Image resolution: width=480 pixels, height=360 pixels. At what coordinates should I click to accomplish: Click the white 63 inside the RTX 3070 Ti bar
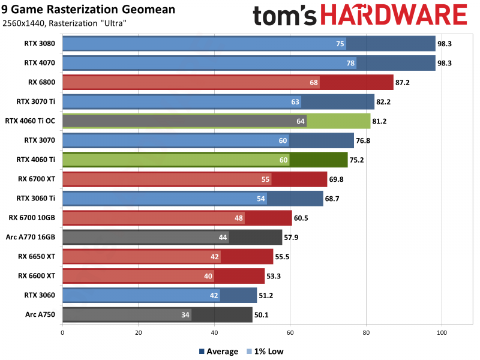295,102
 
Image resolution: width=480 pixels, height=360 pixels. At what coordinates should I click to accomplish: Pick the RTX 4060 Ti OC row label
29,121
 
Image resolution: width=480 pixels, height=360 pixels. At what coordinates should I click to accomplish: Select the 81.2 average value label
382,121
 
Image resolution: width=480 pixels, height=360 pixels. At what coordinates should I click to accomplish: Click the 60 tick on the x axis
290,331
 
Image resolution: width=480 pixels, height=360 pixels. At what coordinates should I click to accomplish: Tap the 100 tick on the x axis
442,331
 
